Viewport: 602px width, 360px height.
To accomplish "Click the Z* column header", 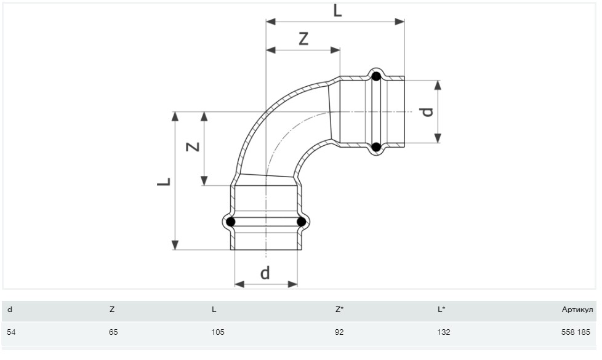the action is [x=339, y=310].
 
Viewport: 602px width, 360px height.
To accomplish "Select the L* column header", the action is [x=441, y=310].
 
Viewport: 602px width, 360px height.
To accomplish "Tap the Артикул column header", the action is [x=577, y=310].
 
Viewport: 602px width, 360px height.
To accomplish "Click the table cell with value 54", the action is [x=11, y=332].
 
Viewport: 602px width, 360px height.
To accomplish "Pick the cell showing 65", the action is [x=113, y=332].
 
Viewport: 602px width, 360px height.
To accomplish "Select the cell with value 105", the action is [x=218, y=332].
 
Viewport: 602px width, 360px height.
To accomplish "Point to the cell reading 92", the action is [x=339, y=332].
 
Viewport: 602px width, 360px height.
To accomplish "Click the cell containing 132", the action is [x=443, y=332].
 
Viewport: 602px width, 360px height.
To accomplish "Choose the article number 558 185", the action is [x=576, y=332].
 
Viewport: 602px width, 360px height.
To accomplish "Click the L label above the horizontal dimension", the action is [x=337, y=10].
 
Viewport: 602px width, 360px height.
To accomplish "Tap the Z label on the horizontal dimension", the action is [x=303, y=39].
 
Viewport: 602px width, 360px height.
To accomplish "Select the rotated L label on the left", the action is [x=164, y=181].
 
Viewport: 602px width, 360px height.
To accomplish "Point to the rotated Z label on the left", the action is [x=193, y=146].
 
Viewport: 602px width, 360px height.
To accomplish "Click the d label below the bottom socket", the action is [x=265, y=273].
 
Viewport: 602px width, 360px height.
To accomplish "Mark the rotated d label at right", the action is [x=427, y=111].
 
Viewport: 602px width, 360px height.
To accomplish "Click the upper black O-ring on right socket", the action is [x=376, y=76].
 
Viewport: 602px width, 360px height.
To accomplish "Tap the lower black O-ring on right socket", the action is [x=376, y=146].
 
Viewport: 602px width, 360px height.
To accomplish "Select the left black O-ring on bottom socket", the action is [x=230, y=222].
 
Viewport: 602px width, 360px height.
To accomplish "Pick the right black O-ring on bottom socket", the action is [x=302, y=222].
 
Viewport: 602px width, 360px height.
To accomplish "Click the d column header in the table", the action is [x=10, y=310].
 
